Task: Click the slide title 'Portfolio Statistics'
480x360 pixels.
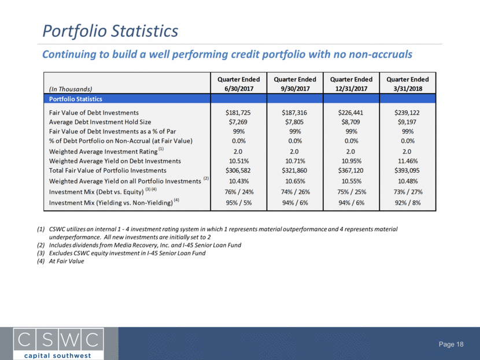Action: [110, 31]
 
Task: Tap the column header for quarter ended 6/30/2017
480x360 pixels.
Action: [239, 84]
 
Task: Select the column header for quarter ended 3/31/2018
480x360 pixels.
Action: [408, 84]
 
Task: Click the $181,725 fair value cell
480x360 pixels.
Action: [238, 113]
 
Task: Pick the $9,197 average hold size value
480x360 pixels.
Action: [407, 122]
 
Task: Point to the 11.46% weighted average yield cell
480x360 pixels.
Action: [408, 161]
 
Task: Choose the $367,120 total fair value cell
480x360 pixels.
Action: [350, 170]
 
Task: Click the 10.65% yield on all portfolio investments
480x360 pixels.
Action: [295, 181]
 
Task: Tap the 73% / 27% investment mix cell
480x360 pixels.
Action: [408, 192]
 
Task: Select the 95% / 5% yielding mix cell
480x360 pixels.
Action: [239, 203]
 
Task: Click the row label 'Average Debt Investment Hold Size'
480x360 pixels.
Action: [100, 122]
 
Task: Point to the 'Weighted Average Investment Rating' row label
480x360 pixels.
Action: [103, 151]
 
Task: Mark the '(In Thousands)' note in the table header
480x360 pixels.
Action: [71, 89]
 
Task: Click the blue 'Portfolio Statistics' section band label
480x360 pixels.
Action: [76, 99]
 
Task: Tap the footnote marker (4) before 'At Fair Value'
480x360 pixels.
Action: [40, 261]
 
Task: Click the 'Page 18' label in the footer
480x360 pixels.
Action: [451, 344]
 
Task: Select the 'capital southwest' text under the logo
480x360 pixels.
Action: [58, 356]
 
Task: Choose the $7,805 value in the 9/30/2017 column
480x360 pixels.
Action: [294, 122]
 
